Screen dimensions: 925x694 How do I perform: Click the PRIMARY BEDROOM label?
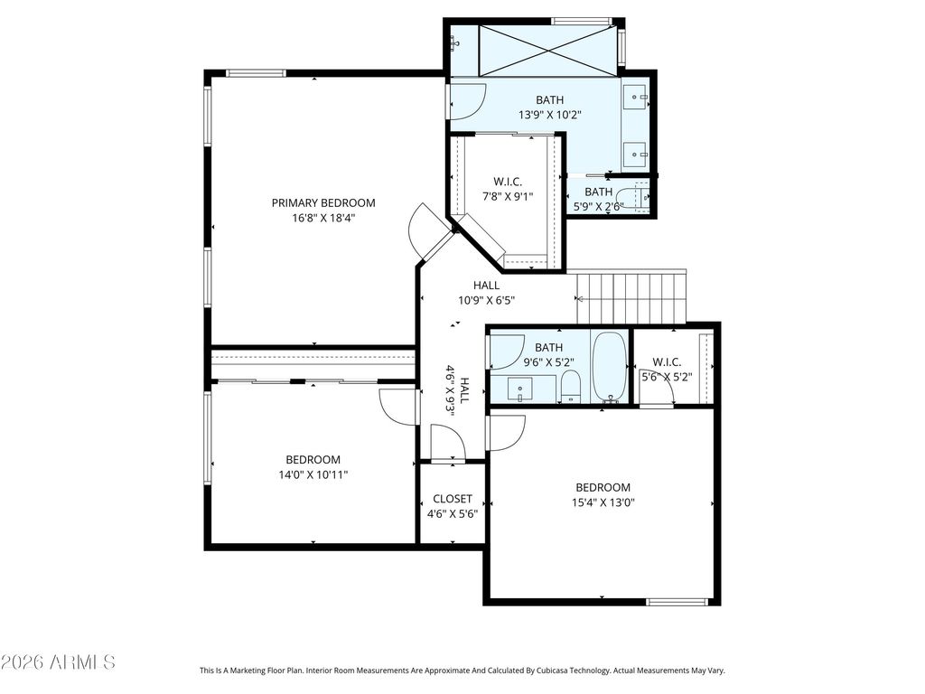point(323,203)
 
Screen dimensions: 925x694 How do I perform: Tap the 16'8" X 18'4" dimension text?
point(323,218)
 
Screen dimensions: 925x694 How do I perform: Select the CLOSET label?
point(453,499)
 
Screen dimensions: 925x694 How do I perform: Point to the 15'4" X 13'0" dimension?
point(603,502)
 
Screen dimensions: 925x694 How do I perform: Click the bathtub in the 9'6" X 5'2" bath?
point(610,367)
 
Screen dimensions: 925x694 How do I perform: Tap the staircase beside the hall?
point(631,297)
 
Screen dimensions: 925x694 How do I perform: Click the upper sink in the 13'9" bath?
point(635,97)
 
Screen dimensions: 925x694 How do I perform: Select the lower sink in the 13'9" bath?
point(635,155)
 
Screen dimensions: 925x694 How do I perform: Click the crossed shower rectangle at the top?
point(548,51)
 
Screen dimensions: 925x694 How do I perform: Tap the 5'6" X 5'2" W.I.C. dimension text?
point(667,377)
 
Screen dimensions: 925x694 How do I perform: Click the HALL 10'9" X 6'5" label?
point(486,293)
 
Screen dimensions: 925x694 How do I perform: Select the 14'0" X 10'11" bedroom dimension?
point(313,474)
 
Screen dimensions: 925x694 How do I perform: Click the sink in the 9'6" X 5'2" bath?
point(519,389)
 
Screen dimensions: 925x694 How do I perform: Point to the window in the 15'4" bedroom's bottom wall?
point(677,602)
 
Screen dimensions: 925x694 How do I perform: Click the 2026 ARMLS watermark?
point(58,662)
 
